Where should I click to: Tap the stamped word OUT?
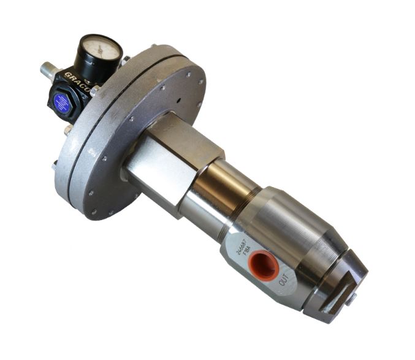(283, 284)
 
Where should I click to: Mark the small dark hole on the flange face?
(177, 98)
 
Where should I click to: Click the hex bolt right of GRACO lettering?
(97, 90)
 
